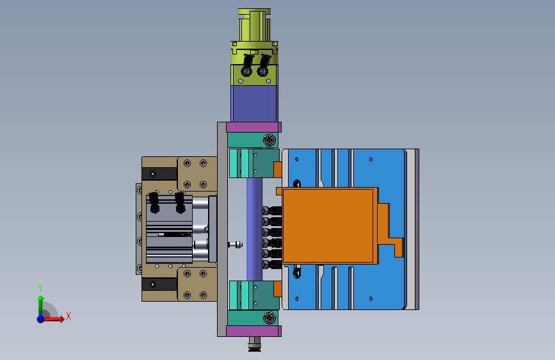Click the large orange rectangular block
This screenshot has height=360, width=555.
coord(330,225)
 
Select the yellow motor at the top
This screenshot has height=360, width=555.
coord(254,47)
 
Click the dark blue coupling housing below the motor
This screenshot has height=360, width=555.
coord(254,104)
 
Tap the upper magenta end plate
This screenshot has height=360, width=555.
coord(253,127)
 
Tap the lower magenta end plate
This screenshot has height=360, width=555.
coord(253,331)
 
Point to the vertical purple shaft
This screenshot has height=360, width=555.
coord(254,229)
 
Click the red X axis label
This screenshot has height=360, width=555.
coord(68,316)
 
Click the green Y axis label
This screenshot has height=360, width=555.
coord(40,288)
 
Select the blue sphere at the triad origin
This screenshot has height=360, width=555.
coord(41,319)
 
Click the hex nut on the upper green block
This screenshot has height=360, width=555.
coord(269,140)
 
